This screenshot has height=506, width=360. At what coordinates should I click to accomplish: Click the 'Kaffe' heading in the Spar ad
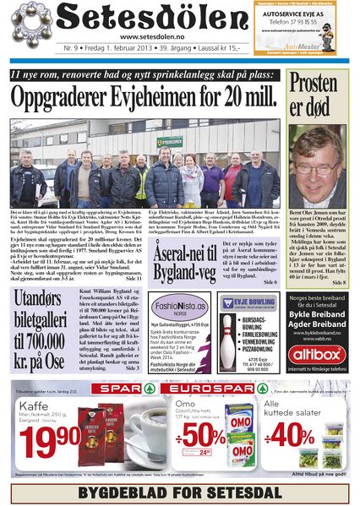(x=32, y=405)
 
